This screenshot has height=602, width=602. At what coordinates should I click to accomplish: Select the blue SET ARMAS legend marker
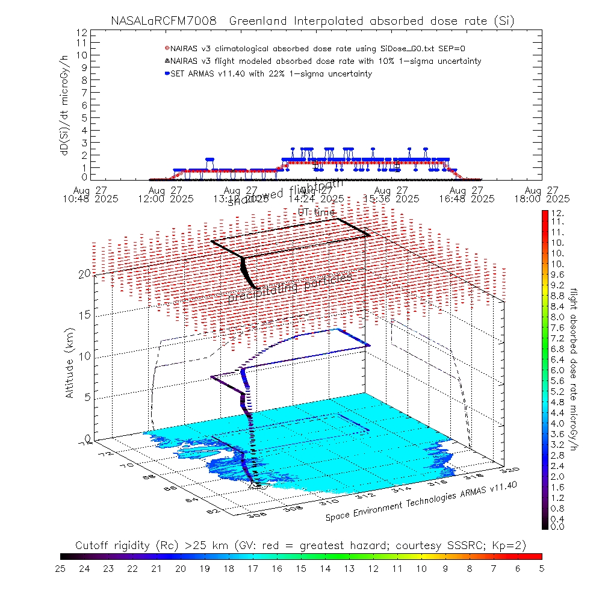click(167, 74)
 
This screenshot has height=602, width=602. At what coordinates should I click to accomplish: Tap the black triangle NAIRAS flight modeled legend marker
click(167, 61)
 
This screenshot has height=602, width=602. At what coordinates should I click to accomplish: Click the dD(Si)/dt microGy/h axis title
click(63, 104)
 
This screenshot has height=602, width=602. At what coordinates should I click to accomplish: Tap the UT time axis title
click(317, 212)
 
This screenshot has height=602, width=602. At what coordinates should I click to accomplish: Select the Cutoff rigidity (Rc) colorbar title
click(301, 545)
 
